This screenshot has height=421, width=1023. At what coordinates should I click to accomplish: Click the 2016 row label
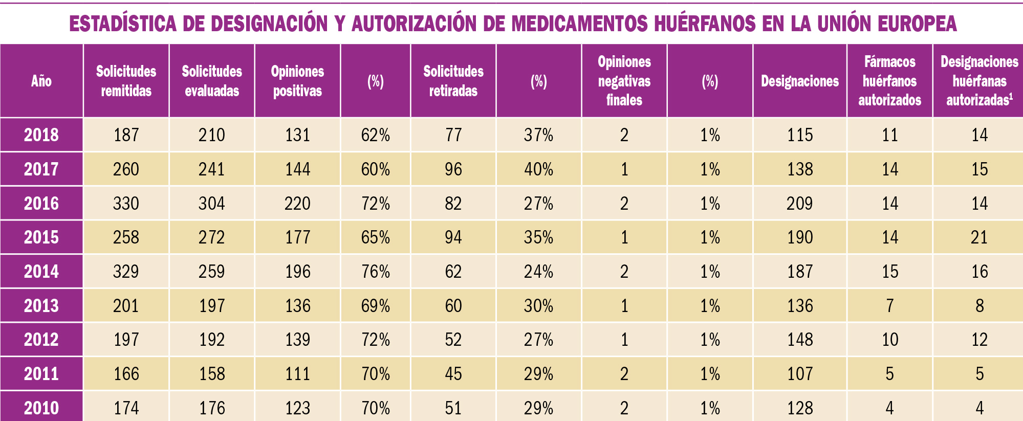[x=41, y=204]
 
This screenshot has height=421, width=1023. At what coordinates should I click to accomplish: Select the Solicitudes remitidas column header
[x=126, y=81]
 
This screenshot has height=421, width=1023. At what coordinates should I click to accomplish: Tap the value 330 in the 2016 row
[x=126, y=204]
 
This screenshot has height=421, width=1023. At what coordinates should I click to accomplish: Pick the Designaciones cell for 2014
[x=799, y=272]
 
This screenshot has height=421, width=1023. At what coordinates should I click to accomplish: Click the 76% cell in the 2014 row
[x=375, y=272]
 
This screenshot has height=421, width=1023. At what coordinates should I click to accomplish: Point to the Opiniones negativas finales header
[x=624, y=81]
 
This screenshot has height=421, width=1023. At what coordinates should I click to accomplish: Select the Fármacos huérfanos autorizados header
[x=889, y=81]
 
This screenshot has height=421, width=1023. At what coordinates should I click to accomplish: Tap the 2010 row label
[x=41, y=408]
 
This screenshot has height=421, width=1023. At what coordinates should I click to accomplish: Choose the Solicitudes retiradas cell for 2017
[x=453, y=169]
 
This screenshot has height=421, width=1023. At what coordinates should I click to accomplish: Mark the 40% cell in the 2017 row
[x=538, y=169]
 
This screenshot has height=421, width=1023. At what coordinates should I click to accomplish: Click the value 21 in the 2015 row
[x=979, y=237]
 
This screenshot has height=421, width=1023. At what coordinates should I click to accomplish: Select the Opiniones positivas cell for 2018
[x=297, y=135]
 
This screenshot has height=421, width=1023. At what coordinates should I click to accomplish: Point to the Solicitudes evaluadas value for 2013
[x=212, y=306]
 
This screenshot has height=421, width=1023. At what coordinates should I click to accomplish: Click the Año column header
[x=41, y=81]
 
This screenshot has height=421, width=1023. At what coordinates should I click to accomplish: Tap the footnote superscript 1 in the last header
[x=1011, y=95]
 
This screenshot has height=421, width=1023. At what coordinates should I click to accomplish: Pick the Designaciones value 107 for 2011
[x=799, y=374]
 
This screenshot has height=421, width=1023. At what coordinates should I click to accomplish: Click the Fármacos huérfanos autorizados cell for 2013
[x=889, y=306]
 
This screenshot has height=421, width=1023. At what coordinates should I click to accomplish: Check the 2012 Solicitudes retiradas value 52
[x=453, y=340]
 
